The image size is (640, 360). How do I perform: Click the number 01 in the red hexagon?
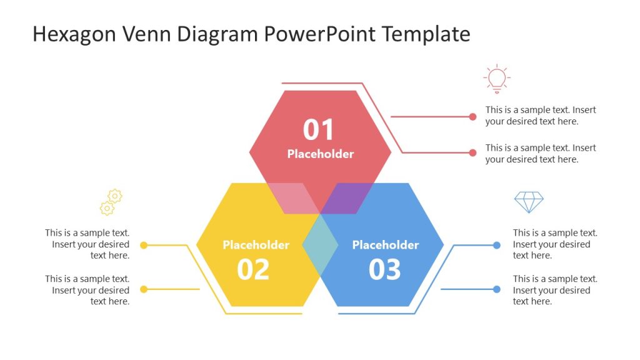tap(319, 130)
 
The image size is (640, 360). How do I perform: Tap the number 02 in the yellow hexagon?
tap(253, 269)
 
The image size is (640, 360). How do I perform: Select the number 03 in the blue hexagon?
tap(384, 269)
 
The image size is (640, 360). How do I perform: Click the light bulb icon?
tap(497, 79)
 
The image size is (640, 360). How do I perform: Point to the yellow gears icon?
tap(111, 202)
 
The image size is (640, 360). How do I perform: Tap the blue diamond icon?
tap(529, 202)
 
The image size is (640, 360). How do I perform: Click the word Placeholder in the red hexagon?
tap(321, 154)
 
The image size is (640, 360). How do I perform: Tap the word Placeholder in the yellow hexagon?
tap(256, 245)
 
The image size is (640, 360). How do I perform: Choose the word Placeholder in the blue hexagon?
tap(386, 245)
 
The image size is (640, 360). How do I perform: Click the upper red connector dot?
tap(472, 116)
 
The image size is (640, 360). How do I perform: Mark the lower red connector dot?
tap(472, 152)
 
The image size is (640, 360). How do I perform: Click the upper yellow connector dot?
tap(144, 245)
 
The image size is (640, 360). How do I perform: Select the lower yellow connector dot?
tap(144, 289)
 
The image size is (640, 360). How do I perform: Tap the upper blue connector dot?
tap(497, 245)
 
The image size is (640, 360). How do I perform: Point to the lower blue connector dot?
tap(497, 289)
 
